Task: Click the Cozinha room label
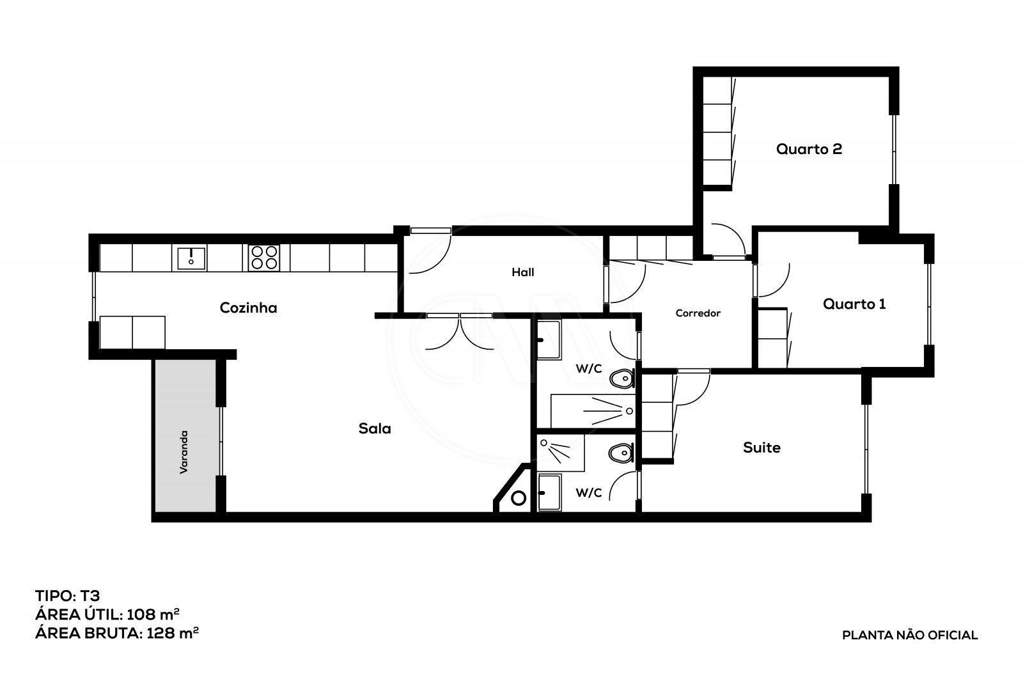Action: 248,308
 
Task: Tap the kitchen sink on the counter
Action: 191,258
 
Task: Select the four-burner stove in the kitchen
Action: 264,258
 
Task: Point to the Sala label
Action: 375,428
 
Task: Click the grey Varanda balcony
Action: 184,435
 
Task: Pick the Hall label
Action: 522,272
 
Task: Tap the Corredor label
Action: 698,313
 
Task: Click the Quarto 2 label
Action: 809,149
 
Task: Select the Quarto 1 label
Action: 854,304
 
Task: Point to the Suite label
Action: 761,448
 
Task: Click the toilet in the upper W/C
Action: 620,380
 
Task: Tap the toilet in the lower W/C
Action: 620,454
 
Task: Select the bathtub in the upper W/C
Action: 593,410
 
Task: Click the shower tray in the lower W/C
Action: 560,453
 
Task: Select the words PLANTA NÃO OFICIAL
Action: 910,636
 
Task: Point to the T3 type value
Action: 89,596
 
